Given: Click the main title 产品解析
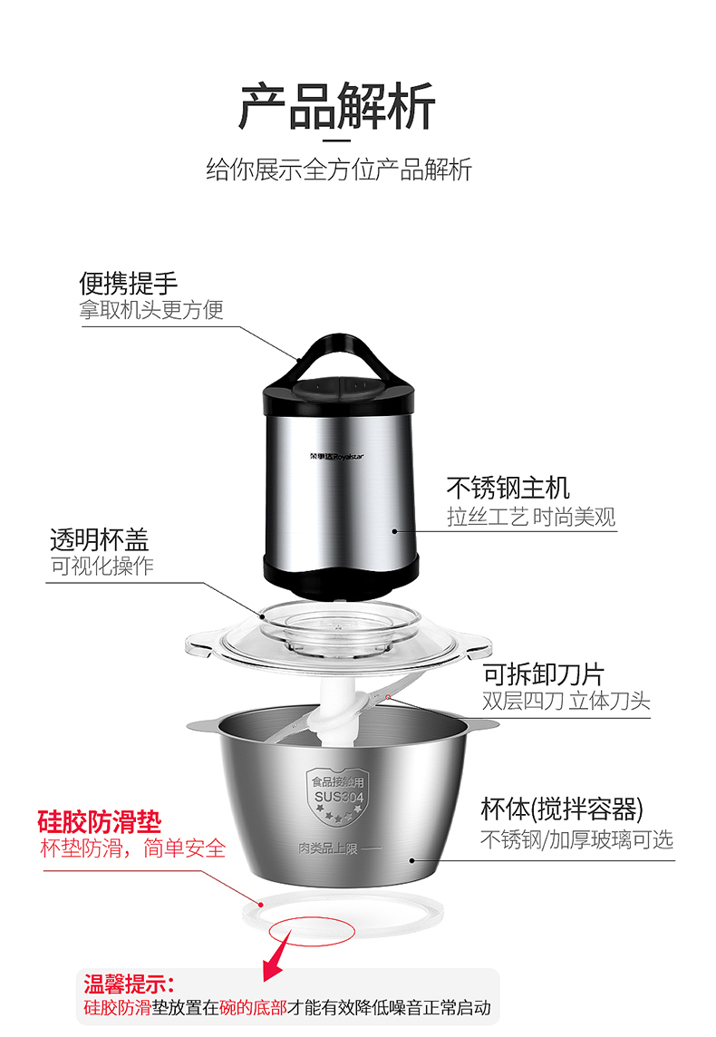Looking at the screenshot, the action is coord(337,106).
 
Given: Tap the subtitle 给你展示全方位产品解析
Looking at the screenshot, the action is coord(338,170).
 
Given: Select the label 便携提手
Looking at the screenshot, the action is coord(129,283).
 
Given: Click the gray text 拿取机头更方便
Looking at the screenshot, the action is coord(151,309).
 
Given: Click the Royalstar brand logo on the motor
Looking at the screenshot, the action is coord(336,456).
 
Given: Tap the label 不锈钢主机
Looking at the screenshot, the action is coord(508,488).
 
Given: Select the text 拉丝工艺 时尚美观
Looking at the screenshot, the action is coord(531,517).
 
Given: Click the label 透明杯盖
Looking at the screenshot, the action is coord(99,539).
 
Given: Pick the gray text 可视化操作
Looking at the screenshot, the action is coord(102,567).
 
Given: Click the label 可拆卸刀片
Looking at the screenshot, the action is coord(544,674).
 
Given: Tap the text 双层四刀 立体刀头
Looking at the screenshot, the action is coord(566,701).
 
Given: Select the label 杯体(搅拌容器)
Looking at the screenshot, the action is coord(561,809).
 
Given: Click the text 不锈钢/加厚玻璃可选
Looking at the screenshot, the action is coord(576,839).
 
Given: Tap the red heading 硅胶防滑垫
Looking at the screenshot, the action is coord(99,822).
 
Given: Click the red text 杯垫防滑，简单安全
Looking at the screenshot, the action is coord(133,848).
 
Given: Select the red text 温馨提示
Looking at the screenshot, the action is coord(129,984).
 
